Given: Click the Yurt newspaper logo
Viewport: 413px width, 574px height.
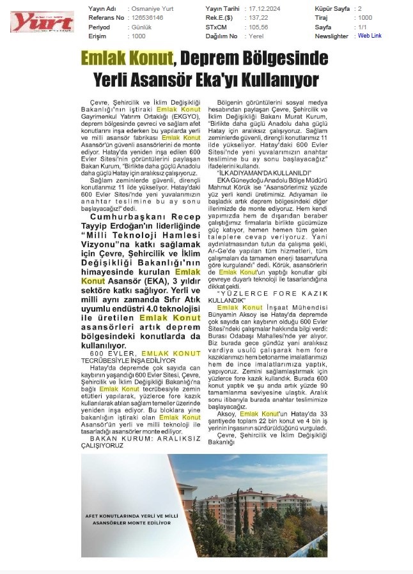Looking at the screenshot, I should [42, 22].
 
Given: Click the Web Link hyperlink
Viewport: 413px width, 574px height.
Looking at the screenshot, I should [370, 36].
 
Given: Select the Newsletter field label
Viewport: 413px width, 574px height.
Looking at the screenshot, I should [331, 36].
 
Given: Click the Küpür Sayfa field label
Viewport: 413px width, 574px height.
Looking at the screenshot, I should [333, 8].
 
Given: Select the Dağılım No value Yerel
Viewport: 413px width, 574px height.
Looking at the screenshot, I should [255, 36].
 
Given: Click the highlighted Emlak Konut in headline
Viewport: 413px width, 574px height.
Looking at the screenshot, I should [127, 59].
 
